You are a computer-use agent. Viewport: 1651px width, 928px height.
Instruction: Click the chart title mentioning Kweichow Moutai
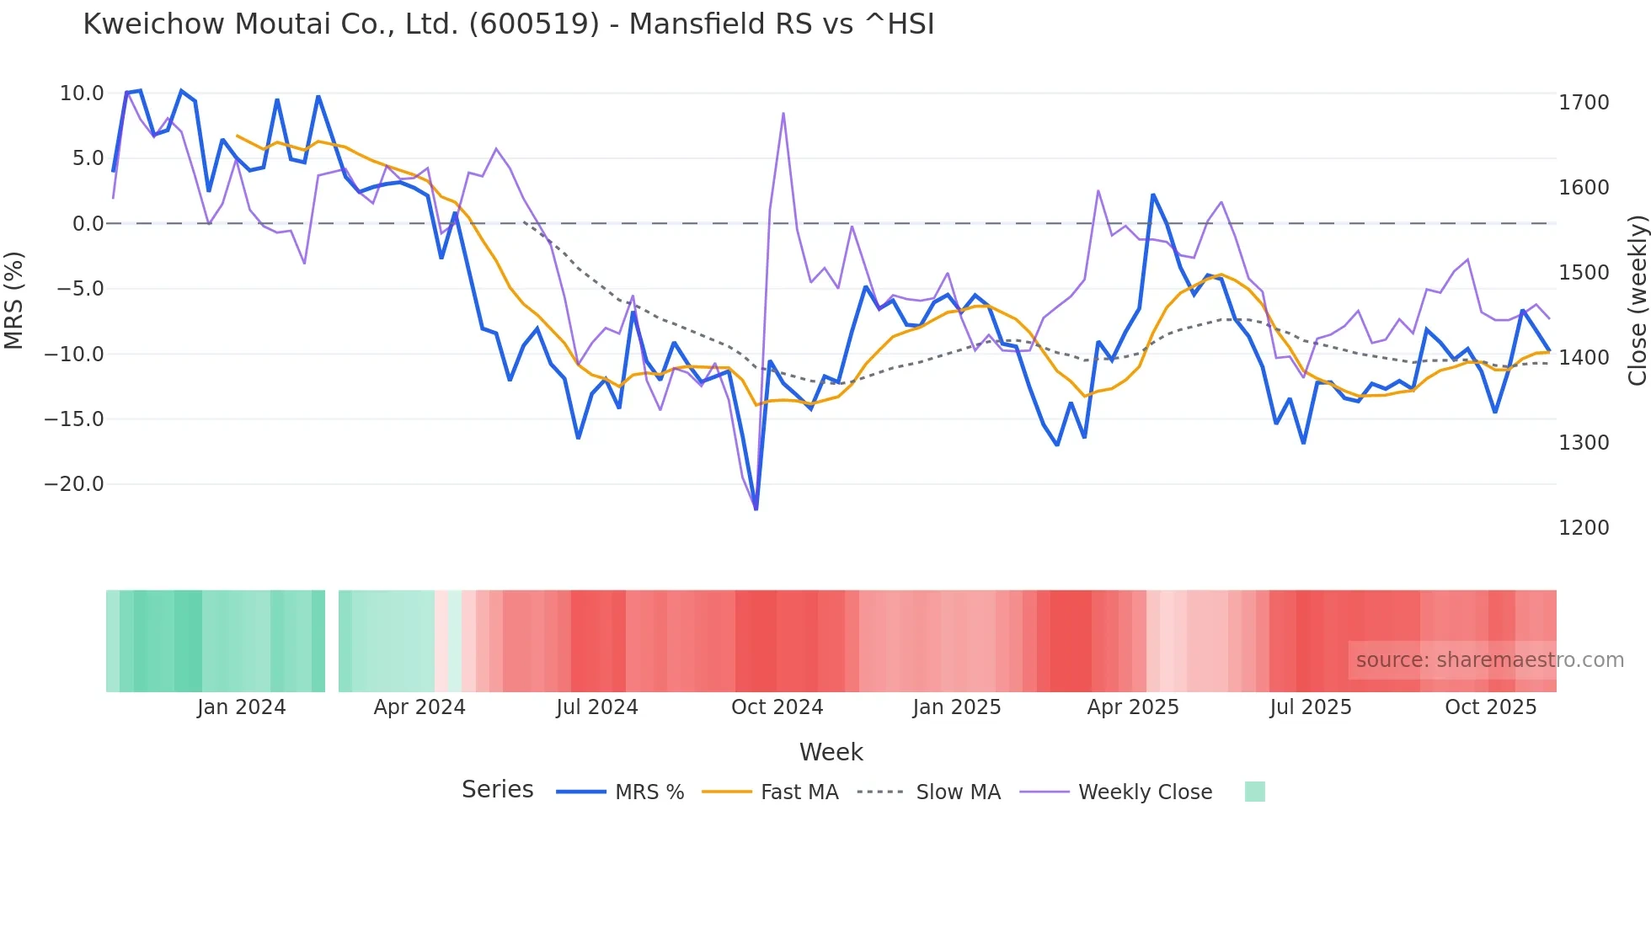click(509, 24)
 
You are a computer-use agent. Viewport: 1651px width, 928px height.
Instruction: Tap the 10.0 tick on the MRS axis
click(82, 93)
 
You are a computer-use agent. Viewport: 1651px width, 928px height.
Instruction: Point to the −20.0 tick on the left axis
click(74, 484)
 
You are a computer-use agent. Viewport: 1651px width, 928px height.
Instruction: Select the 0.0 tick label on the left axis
click(88, 224)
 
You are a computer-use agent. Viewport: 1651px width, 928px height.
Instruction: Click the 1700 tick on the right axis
click(1584, 103)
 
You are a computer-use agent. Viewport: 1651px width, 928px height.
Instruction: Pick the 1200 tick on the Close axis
click(1584, 528)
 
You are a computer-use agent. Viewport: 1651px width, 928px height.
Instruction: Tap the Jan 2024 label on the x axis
click(242, 707)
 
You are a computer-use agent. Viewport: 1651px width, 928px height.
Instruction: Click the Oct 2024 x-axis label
click(777, 707)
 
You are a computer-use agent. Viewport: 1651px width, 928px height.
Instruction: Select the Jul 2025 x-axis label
click(1311, 707)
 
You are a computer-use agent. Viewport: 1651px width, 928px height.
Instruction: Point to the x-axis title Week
click(831, 752)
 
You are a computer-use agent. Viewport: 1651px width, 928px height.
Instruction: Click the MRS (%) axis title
click(14, 300)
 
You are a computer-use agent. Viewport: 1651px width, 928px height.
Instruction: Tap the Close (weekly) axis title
click(1637, 301)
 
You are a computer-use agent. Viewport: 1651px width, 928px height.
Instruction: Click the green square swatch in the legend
click(1254, 792)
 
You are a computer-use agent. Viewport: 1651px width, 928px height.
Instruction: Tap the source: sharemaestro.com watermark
click(1489, 660)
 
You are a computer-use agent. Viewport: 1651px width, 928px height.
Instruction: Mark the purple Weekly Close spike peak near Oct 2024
click(783, 113)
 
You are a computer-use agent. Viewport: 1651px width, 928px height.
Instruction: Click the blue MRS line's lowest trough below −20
click(756, 509)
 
